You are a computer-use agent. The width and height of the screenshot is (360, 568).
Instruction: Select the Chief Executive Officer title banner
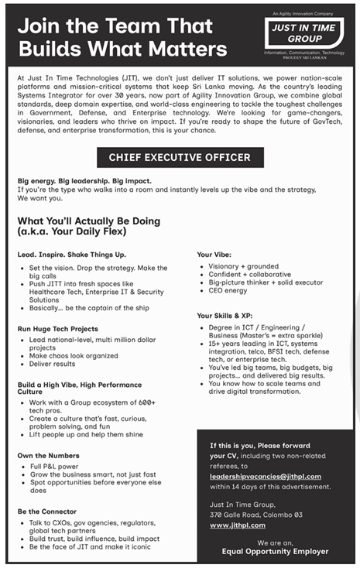point(180,158)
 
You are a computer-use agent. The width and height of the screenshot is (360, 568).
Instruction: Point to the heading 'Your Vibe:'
point(214,255)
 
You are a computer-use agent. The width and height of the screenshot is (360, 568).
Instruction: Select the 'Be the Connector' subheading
point(48,512)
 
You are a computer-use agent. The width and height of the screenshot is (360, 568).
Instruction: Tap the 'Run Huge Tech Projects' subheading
point(59,329)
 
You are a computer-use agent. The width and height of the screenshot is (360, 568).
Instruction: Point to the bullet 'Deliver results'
point(53,364)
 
